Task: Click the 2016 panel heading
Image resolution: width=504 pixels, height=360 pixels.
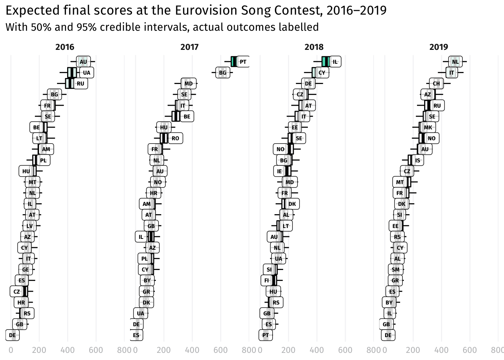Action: point(65,47)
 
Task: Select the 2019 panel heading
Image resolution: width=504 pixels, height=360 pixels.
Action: point(438,47)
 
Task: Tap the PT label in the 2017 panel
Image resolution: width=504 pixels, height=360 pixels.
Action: point(243,62)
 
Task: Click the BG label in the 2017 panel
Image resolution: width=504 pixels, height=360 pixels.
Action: point(223,73)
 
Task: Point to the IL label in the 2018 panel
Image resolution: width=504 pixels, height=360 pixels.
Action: point(335,62)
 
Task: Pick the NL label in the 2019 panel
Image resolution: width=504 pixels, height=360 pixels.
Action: point(455,62)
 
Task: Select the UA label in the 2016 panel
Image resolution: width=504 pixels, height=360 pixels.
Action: point(87,73)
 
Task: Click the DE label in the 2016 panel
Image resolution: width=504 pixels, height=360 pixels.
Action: point(12,335)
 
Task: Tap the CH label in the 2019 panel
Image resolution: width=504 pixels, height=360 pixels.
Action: point(436,84)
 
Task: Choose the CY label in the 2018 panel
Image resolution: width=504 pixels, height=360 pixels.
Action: point(322,73)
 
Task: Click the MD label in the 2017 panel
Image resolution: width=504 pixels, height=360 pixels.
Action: point(189,84)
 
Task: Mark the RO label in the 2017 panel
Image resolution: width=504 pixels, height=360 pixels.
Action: point(175,138)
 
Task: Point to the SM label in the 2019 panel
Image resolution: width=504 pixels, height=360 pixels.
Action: point(396,270)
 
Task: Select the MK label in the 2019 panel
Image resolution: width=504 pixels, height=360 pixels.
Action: point(428,127)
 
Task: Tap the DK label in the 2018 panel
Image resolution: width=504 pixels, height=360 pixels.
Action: point(292,204)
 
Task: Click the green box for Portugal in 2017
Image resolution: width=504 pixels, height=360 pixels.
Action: point(234,62)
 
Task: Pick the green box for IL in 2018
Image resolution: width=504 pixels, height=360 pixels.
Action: point(325,62)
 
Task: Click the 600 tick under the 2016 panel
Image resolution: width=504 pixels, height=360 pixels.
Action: point(96,350)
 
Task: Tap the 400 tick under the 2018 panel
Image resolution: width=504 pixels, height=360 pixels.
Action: point(316,350)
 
